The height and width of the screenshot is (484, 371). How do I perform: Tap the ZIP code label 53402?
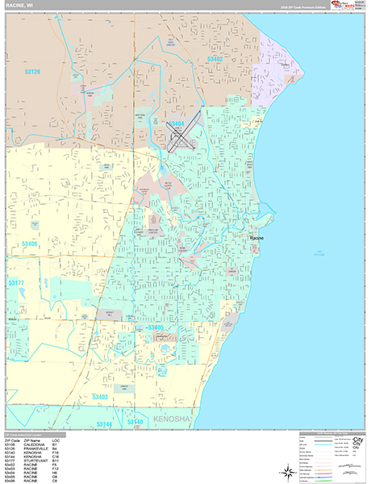tap(215, 59)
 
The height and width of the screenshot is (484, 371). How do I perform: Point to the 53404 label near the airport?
tap(177, 123)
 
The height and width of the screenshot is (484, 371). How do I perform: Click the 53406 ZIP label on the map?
tap(31, 242)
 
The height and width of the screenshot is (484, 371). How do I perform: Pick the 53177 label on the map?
tap(16, 283)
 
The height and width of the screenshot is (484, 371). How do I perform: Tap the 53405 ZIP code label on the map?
tap(156, 328)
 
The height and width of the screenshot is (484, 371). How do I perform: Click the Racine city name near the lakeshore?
tap(256, 238)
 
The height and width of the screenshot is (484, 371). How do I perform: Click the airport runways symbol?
tap(182, 137)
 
